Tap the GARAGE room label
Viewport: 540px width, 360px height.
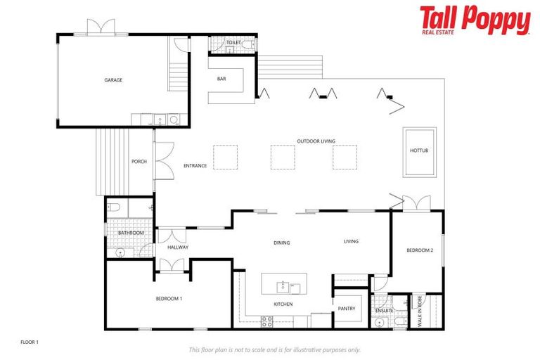point(113,80)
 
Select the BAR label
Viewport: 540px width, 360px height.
point(221,79)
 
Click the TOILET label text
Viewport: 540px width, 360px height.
point(233,43)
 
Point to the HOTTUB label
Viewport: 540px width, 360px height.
point(418,151)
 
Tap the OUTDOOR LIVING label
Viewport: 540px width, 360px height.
point(316,141)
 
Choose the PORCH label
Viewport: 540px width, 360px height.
point(139,162)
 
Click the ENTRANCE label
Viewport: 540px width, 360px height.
point(195,166)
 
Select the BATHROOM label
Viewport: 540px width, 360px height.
point(131,233)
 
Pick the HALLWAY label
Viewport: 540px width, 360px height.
point(178,247)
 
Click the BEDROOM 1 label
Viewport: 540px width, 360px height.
point(169,299)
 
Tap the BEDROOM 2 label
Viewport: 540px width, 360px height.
point(420,250)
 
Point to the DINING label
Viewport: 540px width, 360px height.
point(282,243)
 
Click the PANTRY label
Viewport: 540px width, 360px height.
point(347,309)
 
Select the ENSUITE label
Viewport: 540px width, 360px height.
point(384,310)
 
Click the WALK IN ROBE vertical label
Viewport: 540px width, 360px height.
point(420,310)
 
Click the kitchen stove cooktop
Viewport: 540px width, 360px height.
point(267,321)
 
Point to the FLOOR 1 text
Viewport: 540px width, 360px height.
point(29,342)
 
